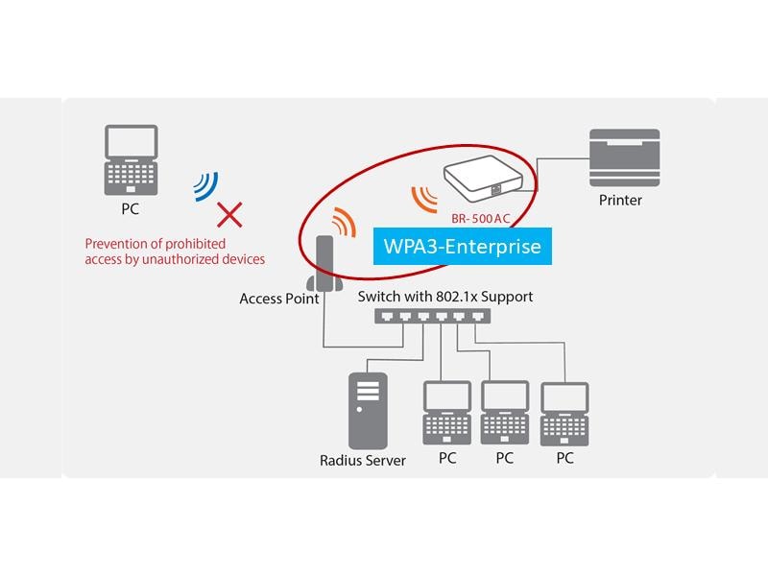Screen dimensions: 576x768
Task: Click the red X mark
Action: (228, 213)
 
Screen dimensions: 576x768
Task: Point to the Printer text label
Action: (620, 201)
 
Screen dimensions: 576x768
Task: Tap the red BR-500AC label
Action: (487, 219)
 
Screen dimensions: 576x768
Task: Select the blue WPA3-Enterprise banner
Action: (462, 247)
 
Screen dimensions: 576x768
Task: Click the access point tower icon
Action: (324, 265)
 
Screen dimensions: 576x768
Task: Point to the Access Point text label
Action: (279, 299)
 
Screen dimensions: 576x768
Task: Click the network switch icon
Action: (430, 318)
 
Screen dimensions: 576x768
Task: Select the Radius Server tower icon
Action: (367, 409)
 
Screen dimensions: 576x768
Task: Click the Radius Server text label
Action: (363, 461)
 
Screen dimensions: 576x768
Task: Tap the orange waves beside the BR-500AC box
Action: (423, 196)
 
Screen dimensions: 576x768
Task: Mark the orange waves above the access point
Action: (342, 223)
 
